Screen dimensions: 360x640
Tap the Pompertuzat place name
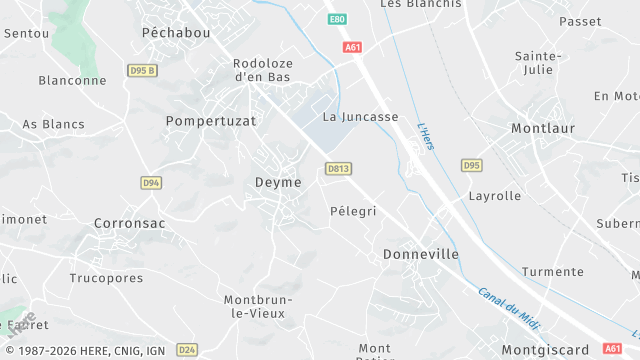[x=211, y=120]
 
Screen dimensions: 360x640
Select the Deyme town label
[x=278, y=183]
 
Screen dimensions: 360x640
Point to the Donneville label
[x=421, y=255]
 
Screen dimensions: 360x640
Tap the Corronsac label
[x=129, y=224]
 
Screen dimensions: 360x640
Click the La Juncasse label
[x=360, y=117]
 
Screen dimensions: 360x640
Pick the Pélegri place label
[x=353, y=212]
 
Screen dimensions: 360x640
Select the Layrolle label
[x=495, y=196]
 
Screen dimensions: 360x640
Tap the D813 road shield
[x=338, y=169]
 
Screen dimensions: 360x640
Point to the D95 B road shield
[x=143, y=70]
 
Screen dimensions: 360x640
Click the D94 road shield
[x=151, y=183]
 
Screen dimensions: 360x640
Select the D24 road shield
[x=186, y=349]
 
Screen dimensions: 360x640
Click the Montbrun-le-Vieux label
[x=254, y=306]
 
